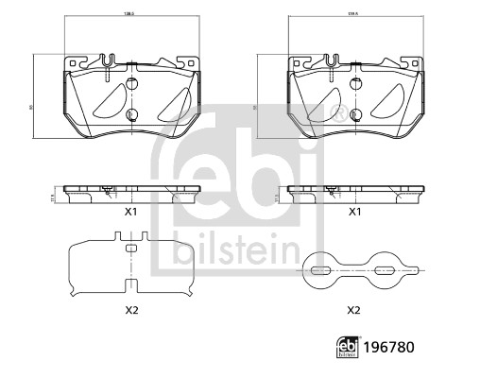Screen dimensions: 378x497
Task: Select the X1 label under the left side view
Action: pyautogui.click(x=130, y=213)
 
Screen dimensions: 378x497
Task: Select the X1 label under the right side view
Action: pyautogui.click(x=355, y=213)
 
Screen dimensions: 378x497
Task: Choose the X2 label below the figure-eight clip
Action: pyautogui.click(x=355, y=310)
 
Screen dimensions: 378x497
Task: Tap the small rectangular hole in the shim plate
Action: pyautogui.click(x=131, y=249)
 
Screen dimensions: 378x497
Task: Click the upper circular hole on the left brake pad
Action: pyautogui.click(x=131, y=80)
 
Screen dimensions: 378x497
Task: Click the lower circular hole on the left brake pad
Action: pyautogui.click(x=131, y=116)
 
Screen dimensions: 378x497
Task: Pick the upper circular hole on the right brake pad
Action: pyautogui.click(x=355, y=80)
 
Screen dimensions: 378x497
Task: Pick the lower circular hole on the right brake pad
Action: pyautogui.click(x=355, y=116)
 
